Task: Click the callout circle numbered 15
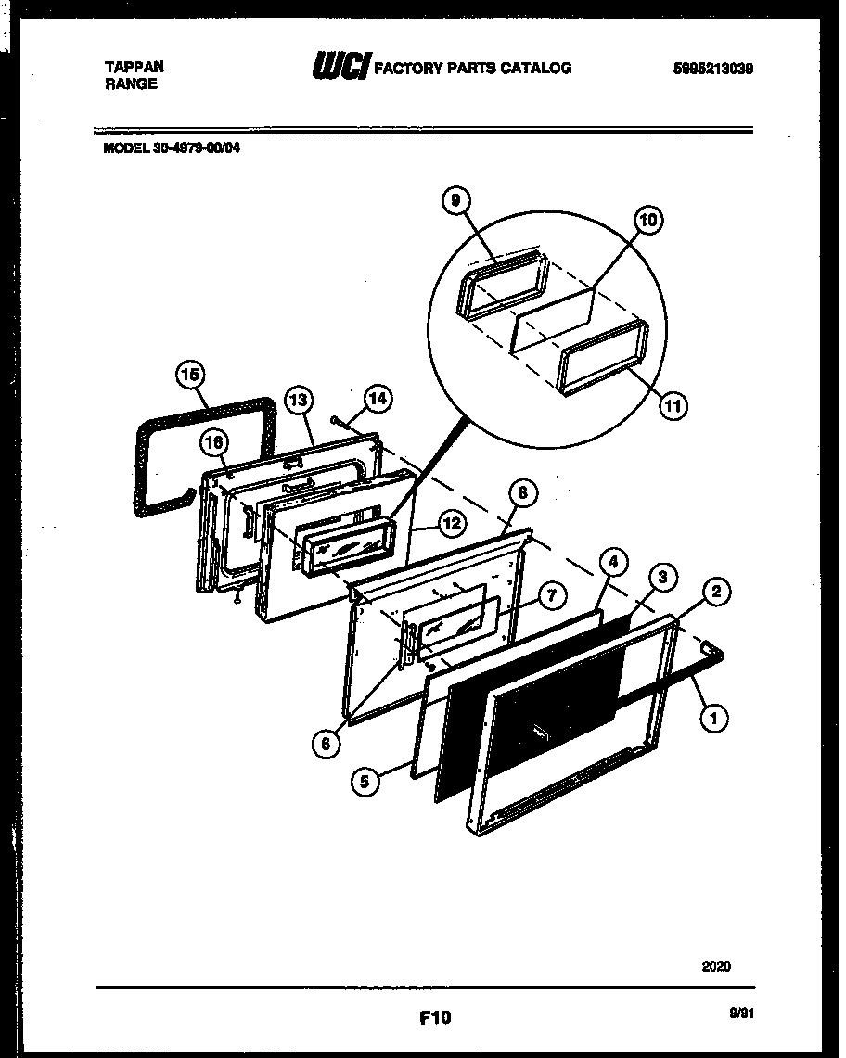click(x=189, y=376)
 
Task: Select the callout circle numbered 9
click(x=456, y=199)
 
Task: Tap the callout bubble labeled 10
click(x=647, y=220)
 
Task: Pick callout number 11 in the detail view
click(x=674, y=405)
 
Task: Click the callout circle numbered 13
click(x=297, y=401)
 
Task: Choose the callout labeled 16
click(x=214, y=443)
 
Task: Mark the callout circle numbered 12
click(x=451, y=523)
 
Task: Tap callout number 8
click(x=522, y=493)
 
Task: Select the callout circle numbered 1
click(x=715, y=716)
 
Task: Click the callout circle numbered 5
click(x=365, y=782)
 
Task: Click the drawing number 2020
click(x=715, y=965)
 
